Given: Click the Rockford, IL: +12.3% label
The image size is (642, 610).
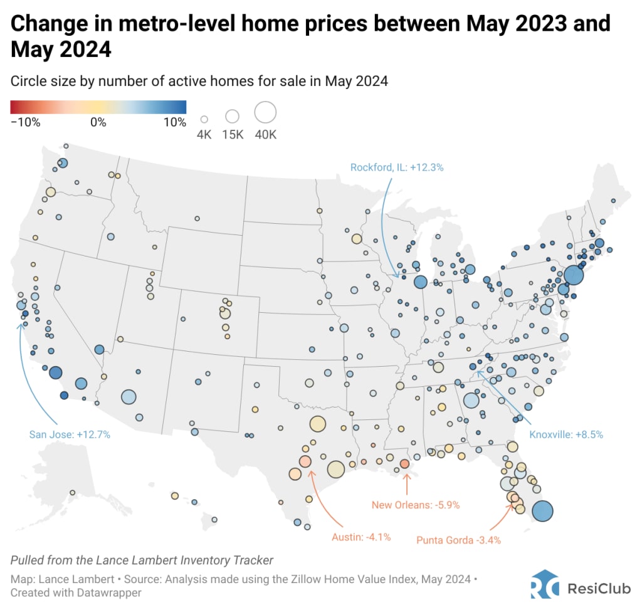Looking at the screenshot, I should pos(397,167).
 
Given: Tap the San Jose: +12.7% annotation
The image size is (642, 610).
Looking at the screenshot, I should pos(70,434).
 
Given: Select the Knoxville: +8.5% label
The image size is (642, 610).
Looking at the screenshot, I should pos(566,434).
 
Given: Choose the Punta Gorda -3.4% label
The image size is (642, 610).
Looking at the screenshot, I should pos(458,540).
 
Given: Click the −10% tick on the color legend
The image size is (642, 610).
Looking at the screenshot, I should pos(26,122).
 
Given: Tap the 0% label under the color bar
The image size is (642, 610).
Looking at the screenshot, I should pos(98,122).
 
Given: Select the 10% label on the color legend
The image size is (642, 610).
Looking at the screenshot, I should pos(174,122).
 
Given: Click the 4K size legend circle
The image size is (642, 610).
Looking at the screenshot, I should pos(204,118).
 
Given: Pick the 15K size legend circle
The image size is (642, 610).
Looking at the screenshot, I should pos(233,116).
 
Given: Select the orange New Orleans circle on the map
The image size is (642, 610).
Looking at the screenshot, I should pos(404,464).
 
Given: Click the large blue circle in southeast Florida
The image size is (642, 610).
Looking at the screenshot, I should pos(542,511).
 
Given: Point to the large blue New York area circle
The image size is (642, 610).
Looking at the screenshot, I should pos(573,275).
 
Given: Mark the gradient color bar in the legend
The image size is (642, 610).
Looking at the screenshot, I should pos(98,106).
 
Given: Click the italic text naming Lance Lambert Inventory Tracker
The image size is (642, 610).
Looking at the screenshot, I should pos(142,560).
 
